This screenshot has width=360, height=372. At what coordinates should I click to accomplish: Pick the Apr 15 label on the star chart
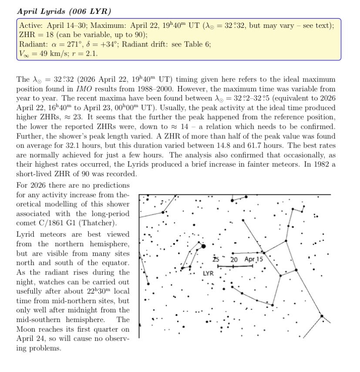[x=254, y=259]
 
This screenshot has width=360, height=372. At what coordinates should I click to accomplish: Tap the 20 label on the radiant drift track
[x=234, y=260]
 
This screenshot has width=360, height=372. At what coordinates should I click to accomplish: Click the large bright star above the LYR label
[x=203, y=247]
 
